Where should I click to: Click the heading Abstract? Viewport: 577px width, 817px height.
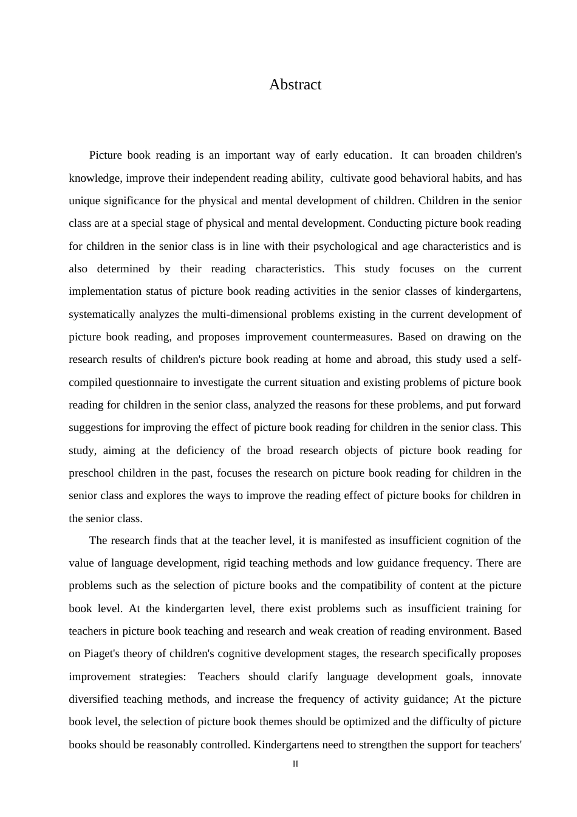tap(295, 84)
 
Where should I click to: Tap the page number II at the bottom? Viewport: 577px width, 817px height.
tap(295, 764)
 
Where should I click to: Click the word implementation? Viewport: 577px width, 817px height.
tap(98, 291)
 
